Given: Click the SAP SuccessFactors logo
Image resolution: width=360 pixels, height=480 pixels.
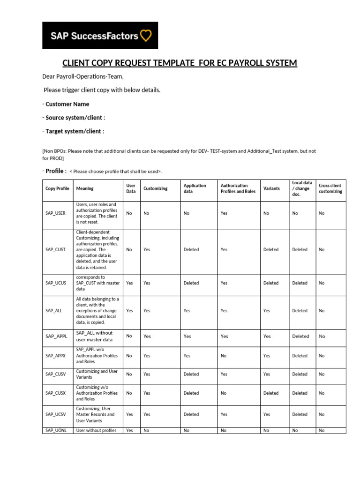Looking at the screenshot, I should point(100,35).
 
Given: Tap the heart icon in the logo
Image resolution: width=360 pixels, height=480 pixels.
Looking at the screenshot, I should point(146,35).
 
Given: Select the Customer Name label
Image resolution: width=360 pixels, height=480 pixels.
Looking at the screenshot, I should point(67,104).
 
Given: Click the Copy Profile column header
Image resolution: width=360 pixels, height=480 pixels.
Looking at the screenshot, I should point(57,188).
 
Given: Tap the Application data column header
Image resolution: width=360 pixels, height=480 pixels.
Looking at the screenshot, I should point(195,188).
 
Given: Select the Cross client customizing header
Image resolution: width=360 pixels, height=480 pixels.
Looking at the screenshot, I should point(330,188).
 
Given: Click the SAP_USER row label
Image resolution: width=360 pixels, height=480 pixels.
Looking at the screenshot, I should point(55,213).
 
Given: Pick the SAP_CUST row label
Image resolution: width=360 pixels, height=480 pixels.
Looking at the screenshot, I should point(55,250).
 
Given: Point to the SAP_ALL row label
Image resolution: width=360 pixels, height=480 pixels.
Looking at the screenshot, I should point(53,311).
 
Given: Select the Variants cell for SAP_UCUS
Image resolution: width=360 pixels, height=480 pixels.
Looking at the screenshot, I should point(271,283).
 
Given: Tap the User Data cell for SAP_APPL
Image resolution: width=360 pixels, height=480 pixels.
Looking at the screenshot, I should point(129,336).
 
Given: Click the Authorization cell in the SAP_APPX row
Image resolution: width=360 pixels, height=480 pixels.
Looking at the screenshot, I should point(224,356).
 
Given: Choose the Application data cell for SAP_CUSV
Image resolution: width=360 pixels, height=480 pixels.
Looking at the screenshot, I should point(191,375).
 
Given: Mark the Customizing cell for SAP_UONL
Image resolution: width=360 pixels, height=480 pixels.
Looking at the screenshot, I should point(146,430).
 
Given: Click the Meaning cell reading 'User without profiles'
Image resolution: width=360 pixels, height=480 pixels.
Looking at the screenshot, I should point(96,430).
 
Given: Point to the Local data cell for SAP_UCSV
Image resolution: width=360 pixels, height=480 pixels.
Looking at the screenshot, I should point(300,414).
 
